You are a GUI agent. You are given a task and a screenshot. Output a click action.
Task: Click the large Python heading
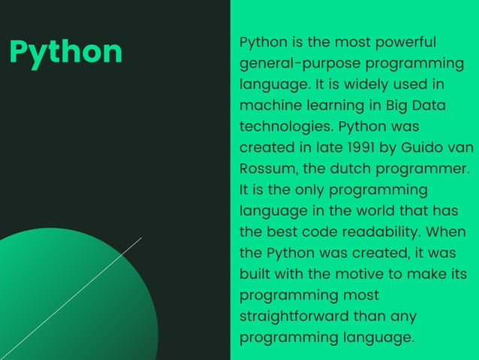pyautogui.click(x=65, y=51)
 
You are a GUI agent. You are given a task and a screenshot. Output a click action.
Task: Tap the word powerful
pyautogui.click(x=405, y=42)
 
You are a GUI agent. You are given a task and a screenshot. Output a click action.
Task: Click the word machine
pyautogui.click(x=267, y=105)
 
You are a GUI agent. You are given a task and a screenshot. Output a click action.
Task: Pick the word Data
pyautogui.click(x=429, y=105)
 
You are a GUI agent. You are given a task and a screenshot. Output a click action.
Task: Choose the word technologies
pyautogui.click(x=286, y=126)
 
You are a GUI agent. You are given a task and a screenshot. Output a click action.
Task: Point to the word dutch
pyautogui.click(x=353, y=168)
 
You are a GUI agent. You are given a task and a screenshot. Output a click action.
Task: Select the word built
pyautogui.click(x=255, y=274)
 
